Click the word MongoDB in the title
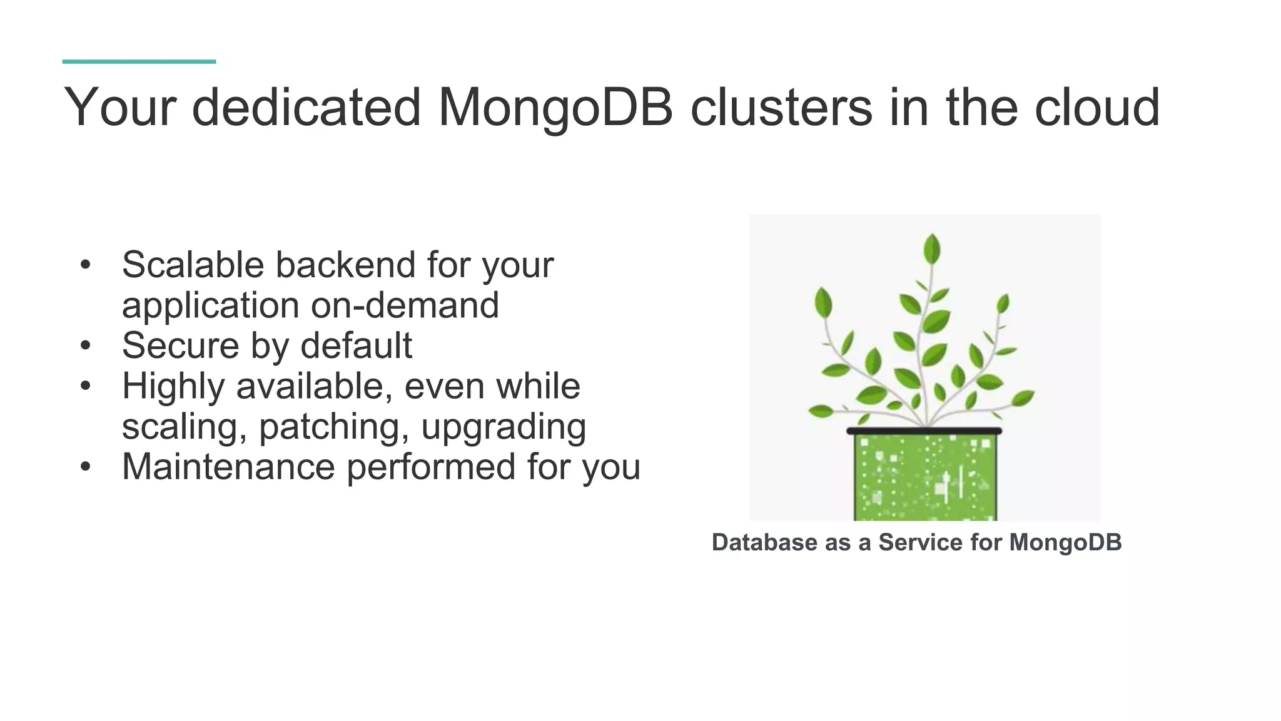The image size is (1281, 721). (x=555, y=108)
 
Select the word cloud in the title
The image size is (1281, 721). (x=1097, y=108)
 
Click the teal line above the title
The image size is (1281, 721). (x=139, y=61)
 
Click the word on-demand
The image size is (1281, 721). (x=405, y=305)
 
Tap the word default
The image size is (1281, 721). (x=356, y=345)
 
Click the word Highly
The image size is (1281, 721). (x=173, y=387)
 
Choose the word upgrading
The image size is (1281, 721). (x=504, y=427)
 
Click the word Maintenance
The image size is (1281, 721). (x=228, y=467)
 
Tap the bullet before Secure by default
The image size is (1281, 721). (x=86, y=345)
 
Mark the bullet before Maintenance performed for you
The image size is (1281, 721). (x=86, y=467)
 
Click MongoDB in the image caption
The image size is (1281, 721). (x=1065, y=542)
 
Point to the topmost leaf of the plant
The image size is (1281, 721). (x=932, y=248)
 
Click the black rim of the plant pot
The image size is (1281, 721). (x=924, y=431)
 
